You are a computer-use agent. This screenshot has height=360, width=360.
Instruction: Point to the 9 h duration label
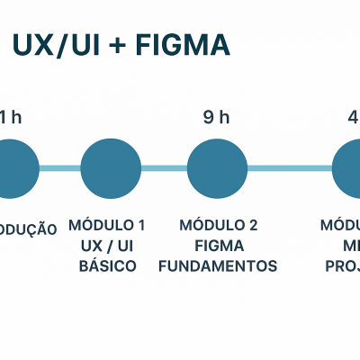[x=217, y=117]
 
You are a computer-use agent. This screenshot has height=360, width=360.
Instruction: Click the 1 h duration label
[x=8, y=117]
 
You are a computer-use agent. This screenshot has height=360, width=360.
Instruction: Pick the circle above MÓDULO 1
[x=111, y=168]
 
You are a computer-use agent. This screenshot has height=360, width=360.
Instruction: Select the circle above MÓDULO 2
[x=217, y=168]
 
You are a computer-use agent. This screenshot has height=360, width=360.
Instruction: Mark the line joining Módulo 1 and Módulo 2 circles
[x=164, y=168]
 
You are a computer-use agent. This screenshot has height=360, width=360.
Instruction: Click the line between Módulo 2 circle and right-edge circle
[x=290, y=168]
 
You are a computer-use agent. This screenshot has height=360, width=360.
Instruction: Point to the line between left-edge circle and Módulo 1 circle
[x=60, y=168]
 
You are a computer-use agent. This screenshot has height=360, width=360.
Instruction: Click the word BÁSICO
[x=107, y=266]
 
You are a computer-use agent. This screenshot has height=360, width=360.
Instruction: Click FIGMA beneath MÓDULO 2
[x=218, y=246]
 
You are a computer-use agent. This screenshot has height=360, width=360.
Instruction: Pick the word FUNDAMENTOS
[x=218, y=266]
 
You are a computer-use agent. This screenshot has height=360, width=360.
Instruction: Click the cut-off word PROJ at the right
[x=345, y=266]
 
